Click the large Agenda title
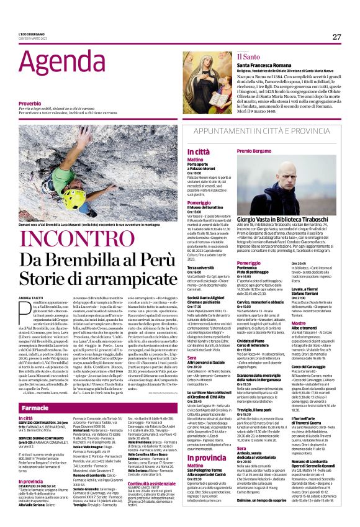[56, 59]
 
